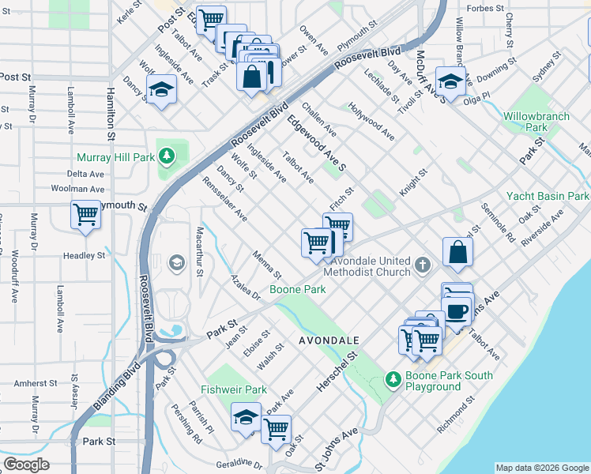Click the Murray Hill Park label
pyautogui.click(x=115, y=157)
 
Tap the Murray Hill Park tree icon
pyautogui.click(x=166, y=156)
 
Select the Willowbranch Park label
pyautogui.click(x=536, y=121)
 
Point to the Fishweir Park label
pyautogui.click(x=234, y=389)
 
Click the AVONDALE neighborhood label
pyautogui.click(x=329, y=340)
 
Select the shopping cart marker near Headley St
pyautogui.click(x=85, y=215)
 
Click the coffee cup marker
pyautogui.click(x=457, y=310)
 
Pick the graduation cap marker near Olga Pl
pyautogui.click(x=450, y=81)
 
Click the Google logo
pyautogui.click(x=26, y=465)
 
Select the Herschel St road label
pyautogui.click(x=337, y=368)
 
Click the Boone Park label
pyautogui.click(x=298, y=290)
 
